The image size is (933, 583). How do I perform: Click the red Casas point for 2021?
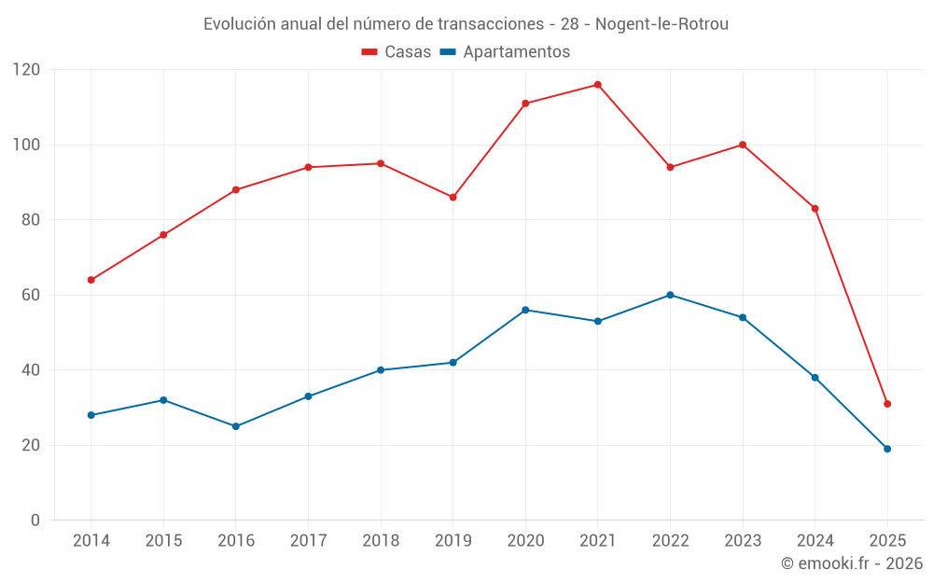point(598,85)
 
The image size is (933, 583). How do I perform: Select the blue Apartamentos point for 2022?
point(670,295)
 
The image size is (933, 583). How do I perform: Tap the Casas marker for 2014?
point(91,280)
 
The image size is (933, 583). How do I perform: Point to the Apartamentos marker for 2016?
point(236,426)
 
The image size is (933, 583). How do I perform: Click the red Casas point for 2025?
point(887,404)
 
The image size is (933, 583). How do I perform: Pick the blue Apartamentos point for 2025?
point(887,449)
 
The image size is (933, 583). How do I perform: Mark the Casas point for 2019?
point(453,198)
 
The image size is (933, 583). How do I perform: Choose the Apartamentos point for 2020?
point(525,310)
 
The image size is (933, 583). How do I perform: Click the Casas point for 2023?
point(743,145)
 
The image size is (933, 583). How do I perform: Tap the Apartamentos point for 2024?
point(815,378)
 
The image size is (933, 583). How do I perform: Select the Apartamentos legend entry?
point(505,52)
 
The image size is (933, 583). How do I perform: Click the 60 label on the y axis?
point(31,295)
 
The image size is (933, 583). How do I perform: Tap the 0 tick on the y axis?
point(35,521)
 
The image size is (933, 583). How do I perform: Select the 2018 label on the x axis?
point(381,541)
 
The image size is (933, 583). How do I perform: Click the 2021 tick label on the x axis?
point(598,541)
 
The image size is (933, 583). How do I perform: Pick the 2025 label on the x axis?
point(887,541)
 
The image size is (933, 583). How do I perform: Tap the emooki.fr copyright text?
point(852,563)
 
